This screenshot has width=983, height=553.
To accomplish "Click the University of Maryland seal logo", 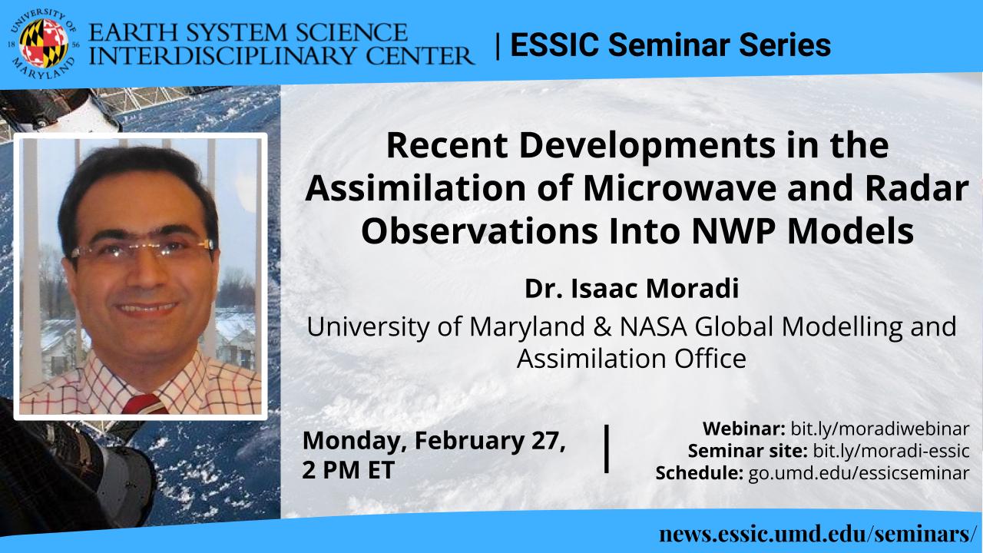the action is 44,44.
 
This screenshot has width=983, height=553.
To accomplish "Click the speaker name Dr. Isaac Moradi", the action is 631,288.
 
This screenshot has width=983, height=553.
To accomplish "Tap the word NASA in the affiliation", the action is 653,326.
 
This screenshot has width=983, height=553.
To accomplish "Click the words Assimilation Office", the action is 631,359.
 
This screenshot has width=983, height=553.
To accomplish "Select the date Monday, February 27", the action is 434,441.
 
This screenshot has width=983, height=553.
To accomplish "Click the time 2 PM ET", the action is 348,469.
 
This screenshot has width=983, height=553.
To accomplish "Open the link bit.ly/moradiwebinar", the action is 880,429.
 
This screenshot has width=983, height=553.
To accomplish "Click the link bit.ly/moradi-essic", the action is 892,451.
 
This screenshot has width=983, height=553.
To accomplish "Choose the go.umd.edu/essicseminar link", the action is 859,473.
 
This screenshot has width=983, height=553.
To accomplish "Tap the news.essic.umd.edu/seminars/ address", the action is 816,534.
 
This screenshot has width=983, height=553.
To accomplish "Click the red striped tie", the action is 145,404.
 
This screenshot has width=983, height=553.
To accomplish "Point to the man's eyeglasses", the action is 142,249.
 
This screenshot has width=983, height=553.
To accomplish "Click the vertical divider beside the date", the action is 607,449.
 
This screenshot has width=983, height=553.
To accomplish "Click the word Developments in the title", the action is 647,147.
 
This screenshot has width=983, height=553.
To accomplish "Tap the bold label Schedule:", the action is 699,473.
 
